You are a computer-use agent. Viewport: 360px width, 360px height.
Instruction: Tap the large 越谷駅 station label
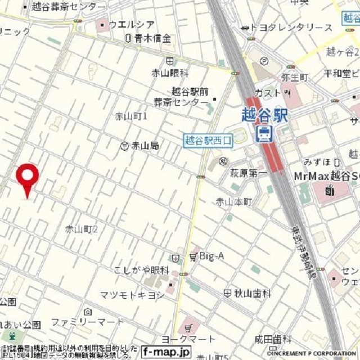tap(264, 116)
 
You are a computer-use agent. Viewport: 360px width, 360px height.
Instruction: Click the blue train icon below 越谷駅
tap(263, 133)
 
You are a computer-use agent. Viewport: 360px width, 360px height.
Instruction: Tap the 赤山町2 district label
tap(82, 229)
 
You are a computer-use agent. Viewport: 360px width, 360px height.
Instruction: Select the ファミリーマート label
tap(87, 322)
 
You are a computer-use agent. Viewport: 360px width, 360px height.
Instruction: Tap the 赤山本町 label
tap(234, 201)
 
